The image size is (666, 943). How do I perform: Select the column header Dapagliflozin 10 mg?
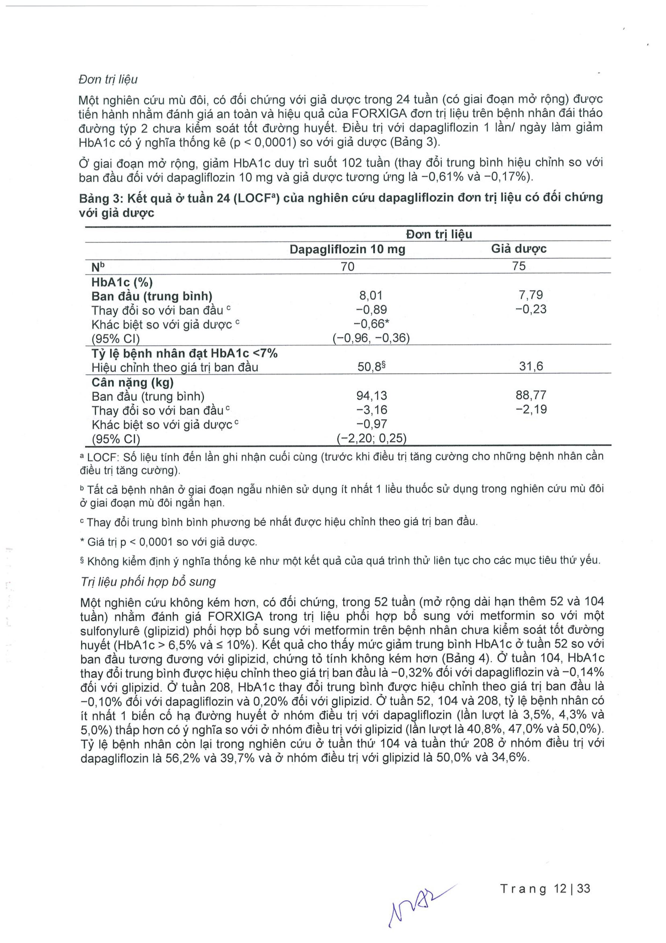tap(347, 249)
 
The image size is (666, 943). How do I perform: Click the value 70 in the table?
tap(347, 266)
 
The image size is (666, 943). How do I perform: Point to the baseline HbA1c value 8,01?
tap(371, 295)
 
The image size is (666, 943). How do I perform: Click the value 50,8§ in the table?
tap(371, 366)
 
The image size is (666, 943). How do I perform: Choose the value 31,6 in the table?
tap(531, 366)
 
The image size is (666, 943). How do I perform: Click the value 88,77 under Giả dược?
tap(531, 395)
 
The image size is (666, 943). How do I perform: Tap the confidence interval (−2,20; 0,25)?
tap(371, 439)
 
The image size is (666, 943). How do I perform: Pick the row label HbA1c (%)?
tap(122, 282)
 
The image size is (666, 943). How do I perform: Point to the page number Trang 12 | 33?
tap(545, 889)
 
